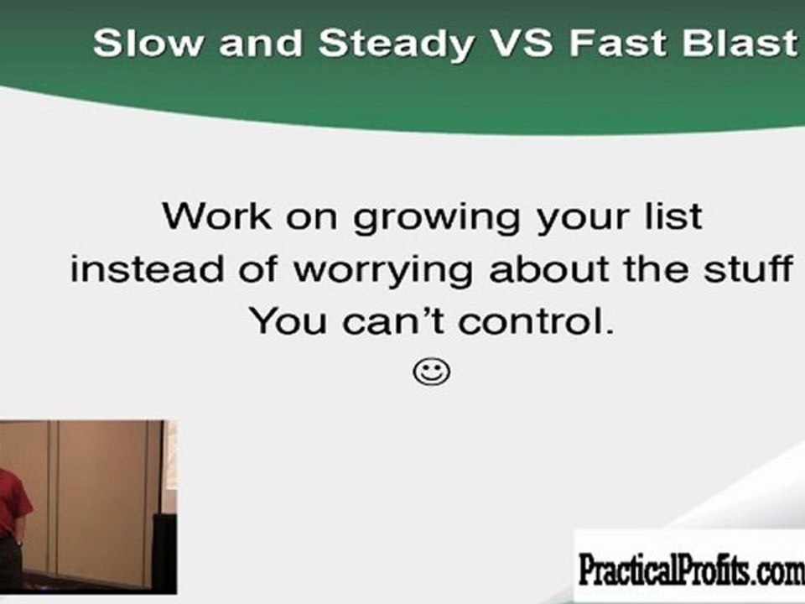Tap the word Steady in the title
pyautogui.click(x=395, y=45)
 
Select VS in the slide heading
pyautogui.click(x=521, y=43)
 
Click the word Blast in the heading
pyautogui.click(x=740, y=43)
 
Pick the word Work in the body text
pyautogui.click(x=216, y=216)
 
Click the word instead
pyautogui.click(x=147, y=268)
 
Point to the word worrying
pyautogui.click(x=382, y=272)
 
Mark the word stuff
pyautogui.click(x=749, y=268)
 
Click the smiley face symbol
pyautogui.click(x=432, y=372)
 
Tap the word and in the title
pyautogui.click(x=261, y=43)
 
